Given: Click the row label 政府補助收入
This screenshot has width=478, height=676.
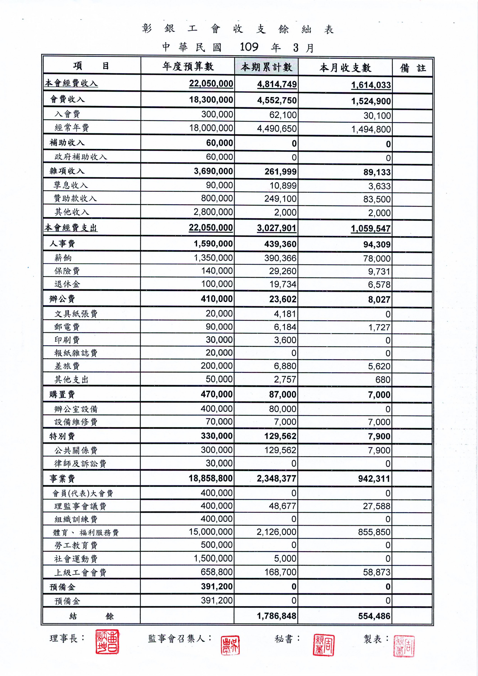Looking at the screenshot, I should tap(81, 157).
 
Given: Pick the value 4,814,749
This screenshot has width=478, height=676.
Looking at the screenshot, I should tap(277, 84).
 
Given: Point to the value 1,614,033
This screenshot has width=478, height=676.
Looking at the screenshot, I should tap(371, 85).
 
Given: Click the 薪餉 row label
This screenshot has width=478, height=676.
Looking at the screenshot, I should tap(63, 258).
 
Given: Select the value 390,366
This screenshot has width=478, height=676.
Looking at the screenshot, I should tap(280, 258).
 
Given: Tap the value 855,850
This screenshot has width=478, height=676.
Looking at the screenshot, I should tap(374, 532).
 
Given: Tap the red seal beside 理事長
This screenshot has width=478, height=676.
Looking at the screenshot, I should tap(107, 642).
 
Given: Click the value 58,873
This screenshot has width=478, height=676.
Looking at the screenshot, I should tap(376, 572).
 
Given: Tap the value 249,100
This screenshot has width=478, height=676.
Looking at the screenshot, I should tap(280, 199).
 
